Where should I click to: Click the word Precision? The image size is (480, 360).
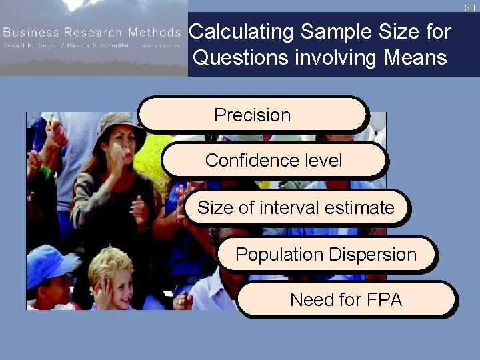(252, 115)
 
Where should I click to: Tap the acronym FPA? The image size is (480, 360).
(383, 300)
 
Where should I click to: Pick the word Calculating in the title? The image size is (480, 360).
(242, 31)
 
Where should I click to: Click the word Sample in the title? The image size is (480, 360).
(337, 31)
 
